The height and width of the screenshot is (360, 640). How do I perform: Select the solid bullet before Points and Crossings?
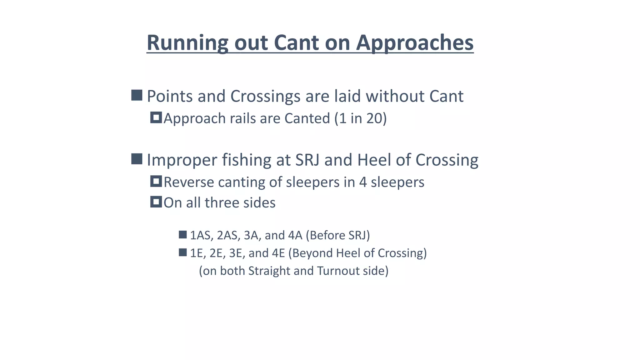[x=137, y=95]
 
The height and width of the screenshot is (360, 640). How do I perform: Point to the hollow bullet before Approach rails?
[x=156, y=118]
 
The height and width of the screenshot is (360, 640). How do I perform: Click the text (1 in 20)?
[x=360, y=118]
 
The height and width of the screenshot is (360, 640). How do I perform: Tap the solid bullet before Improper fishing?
[x=137, y=159]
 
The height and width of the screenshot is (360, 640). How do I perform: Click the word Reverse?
[x=189, y=182]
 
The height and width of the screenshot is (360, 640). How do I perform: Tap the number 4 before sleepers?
[x=362, y=182]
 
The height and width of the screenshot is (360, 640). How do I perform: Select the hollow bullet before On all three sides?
[x=156, y=202]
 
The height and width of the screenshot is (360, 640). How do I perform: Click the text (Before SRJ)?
[x=337, y=235]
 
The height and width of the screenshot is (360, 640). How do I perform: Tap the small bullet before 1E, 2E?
[x=182, y=252]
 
